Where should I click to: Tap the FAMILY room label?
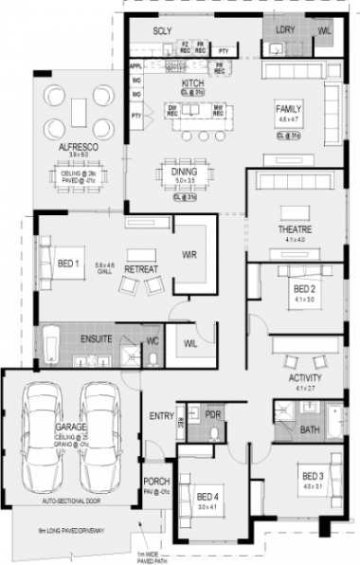[288, 109]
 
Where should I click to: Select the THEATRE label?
[289, 229]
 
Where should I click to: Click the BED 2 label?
[302, 288]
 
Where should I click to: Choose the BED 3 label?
[314, 475]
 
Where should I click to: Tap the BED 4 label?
[207, 497]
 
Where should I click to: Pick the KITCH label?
[193, 84]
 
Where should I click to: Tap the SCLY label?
[161, 31]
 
